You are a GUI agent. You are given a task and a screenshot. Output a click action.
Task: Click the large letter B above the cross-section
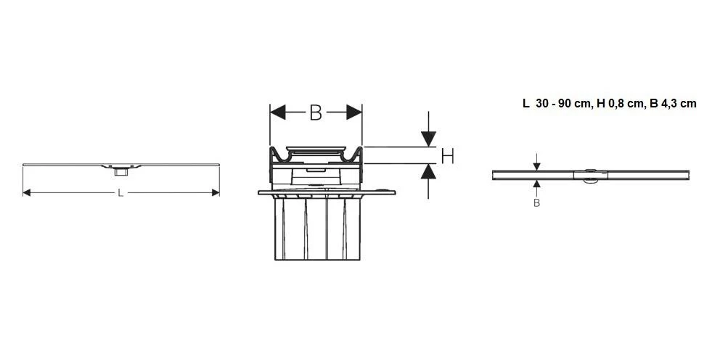click(x=316, y=112)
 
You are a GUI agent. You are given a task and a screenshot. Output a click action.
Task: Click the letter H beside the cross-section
click(x=447, y=155)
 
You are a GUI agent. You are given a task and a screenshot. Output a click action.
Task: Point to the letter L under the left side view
click(x=120, y=192)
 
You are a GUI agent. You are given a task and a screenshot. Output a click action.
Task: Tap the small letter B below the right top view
click(x=536, y=203)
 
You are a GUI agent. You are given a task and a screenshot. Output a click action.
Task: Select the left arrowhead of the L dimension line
click(x=27, y=192)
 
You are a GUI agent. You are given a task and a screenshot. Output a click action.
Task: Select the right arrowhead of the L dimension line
click(x=215, y=192)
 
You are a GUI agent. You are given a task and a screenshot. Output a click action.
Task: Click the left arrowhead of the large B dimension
click(x=276, y=112)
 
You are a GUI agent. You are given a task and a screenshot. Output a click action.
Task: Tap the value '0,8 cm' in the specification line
click(x=625, y=104)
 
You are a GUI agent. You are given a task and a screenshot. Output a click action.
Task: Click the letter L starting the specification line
click(x=525, y=104)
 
